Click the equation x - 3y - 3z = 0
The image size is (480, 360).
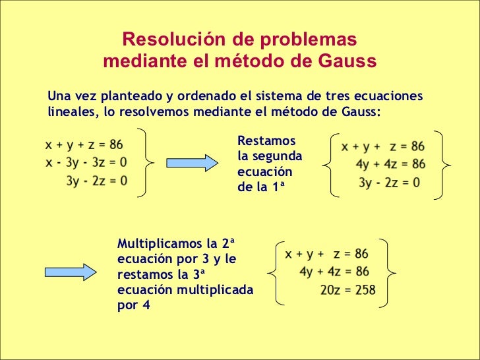tap(86, 162)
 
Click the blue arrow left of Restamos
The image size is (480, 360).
tap(191, 162)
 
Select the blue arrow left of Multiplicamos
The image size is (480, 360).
tap(70, 271)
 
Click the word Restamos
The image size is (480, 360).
tap(266, 140)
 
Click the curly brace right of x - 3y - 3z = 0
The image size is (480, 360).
tap(149, 161)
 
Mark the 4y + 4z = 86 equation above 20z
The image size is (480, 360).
tap(334, 272)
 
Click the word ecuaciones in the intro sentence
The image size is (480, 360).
tap(384, 96)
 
